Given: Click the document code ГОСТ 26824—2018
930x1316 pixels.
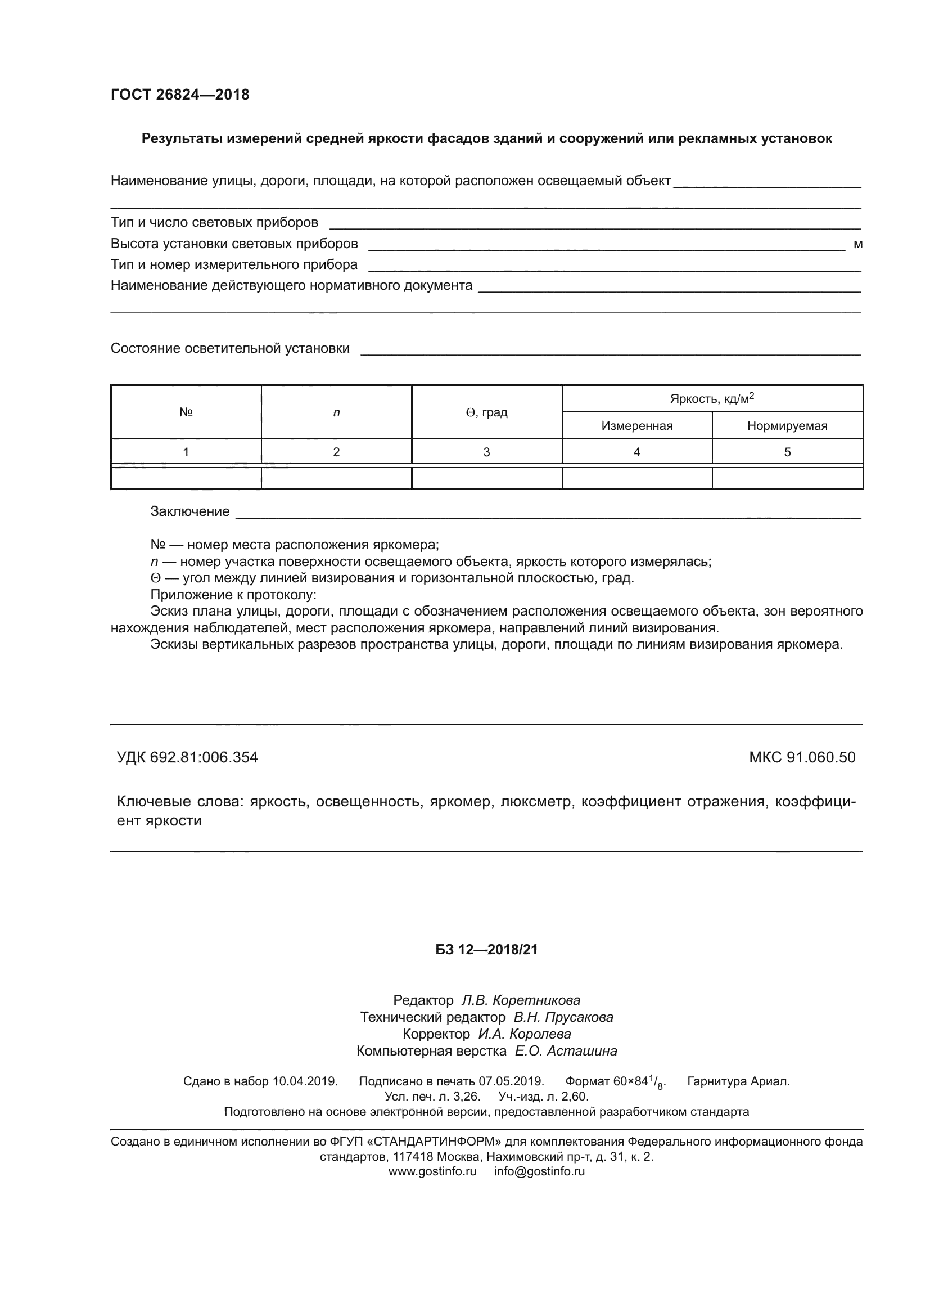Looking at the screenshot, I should (x=180, y=95).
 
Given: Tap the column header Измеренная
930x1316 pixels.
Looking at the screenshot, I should (x=636, y=426).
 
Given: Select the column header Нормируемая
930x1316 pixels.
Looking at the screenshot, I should (x=787, y=426).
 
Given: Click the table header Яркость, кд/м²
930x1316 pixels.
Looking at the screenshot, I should (x=712, y=398).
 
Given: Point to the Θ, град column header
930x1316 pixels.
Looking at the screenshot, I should (x=486, y=412).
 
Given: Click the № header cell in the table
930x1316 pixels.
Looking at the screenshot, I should (x=186, y=412).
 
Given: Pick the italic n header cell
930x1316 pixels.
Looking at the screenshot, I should (x=336, y=412).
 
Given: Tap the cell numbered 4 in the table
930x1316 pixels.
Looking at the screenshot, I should (x=636, y=452).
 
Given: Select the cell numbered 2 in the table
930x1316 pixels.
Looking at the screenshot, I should (x=336, y=452).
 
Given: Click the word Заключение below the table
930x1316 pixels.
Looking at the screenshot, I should (x=189, y=511).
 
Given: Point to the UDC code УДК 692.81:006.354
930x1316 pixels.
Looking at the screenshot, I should (x=187, y=757).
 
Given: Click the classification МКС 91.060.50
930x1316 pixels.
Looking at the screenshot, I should (x=802, y=757).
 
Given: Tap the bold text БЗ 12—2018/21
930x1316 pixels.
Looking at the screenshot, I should (x=486, y=950).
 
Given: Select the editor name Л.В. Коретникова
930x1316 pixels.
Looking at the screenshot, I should (x=521, y=1000).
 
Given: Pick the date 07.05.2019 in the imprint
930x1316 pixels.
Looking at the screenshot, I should (x=511, y=1081).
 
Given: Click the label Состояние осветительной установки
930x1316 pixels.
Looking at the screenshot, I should (x=229, y=348).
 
